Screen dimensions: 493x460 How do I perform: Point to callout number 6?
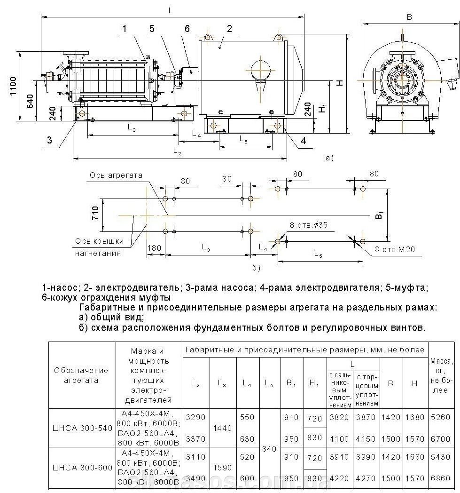[187, 28]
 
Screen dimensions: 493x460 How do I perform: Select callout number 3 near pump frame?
[49, 139]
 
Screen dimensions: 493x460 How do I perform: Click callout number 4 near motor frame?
[303, 140]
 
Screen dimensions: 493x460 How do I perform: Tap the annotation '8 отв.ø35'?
[309, 225]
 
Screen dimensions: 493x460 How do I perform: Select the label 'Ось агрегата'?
[115, 175]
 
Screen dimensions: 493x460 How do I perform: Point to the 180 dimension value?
[154, 248]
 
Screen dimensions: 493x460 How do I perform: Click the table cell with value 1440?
[223, 428]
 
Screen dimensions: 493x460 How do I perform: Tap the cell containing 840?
[270, 449]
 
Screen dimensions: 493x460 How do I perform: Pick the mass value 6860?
[440, 478]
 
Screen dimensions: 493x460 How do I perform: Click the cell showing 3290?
[196, 417]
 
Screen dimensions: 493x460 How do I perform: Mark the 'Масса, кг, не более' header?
[440, 375]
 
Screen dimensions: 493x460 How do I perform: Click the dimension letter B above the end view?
[409, 17]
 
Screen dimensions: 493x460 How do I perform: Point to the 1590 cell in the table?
[223, 468]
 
